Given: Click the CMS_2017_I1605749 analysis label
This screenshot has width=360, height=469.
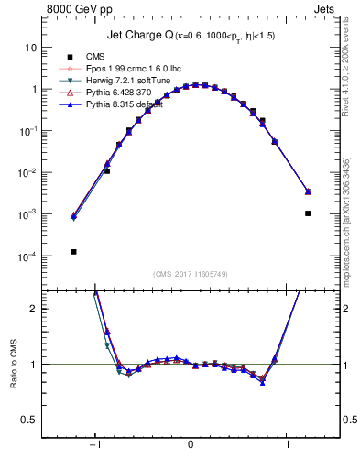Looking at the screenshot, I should pyautogui.click(x=190, y=275).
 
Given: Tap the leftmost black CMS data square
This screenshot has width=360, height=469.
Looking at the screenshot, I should pyautogui.click(x=73, y=252).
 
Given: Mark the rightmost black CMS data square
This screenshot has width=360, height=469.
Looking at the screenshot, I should pyautogui.click(x=308, y=213).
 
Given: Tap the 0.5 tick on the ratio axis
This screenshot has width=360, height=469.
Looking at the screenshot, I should pyautogui.click(x=28, y=419).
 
